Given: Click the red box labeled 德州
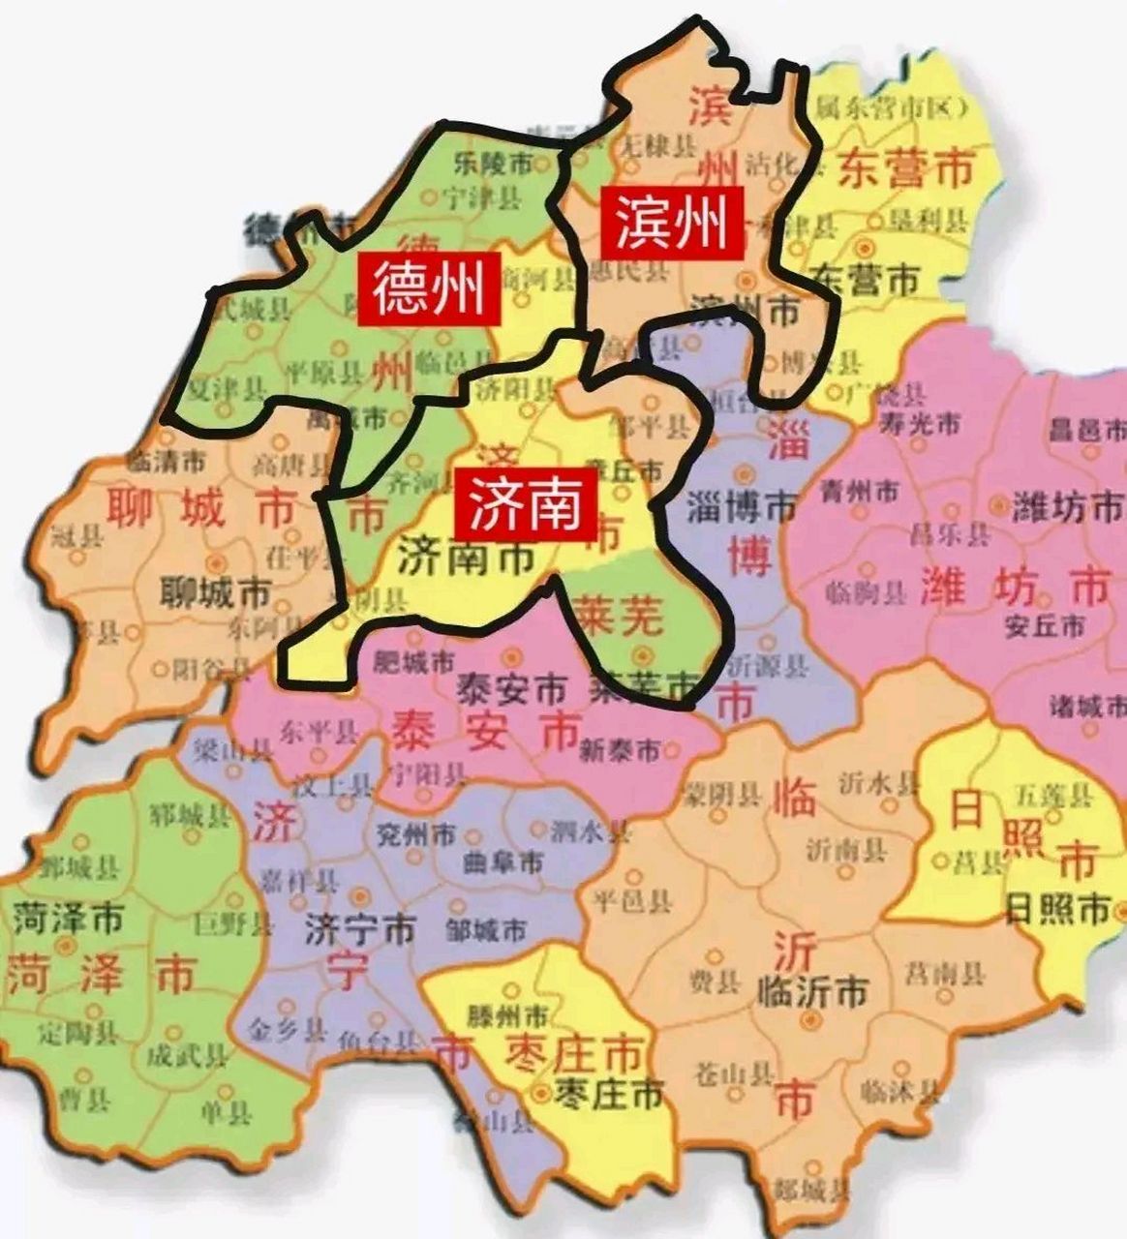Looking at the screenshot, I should [428, 289].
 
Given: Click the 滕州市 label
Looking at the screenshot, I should [506, 1017].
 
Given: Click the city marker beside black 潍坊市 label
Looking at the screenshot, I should [998, 504].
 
